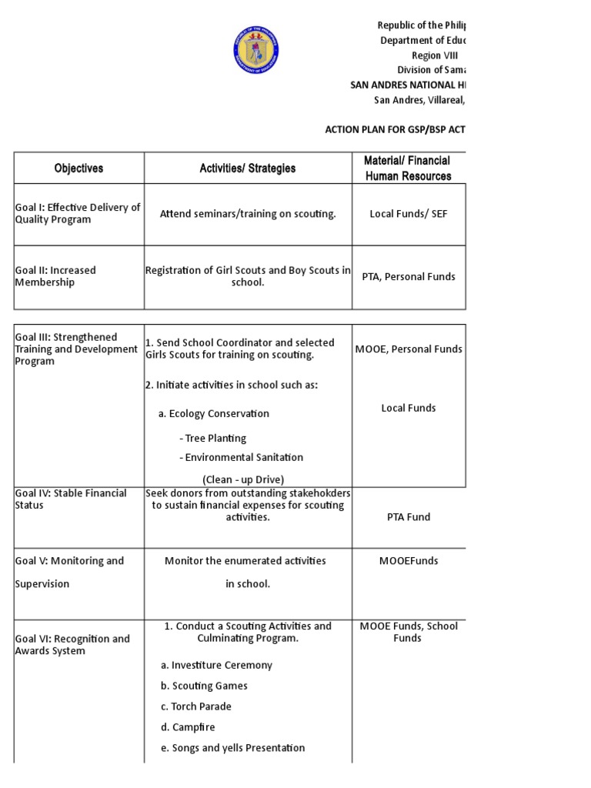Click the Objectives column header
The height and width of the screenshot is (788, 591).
pyautogui.click(x=78, y=168)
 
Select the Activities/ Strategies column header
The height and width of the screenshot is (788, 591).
pyautogui.click(x=248, y=168)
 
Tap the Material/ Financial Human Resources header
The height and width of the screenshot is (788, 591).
pyautogui.click(x=407, y=168)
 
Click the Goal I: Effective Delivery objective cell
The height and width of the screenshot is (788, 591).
pyautogui.click(x=78, y=213)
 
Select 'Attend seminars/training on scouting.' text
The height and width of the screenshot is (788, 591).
pyautogui.click(x=248, y=214)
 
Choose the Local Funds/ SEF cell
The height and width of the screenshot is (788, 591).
pyautogui.click(x=408, y=214)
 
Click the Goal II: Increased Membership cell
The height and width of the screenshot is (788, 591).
pyautogui.click(x=55, y=276)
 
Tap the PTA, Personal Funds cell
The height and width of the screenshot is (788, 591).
pyautogui.click(x=408, y=276)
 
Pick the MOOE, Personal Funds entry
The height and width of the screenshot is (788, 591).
pyautogui.click(x=409, y=349)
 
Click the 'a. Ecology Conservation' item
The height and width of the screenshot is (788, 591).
pyautogui.click(x=214, y=413)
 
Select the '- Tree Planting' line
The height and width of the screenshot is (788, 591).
pyautogui.click(x=212, y=438)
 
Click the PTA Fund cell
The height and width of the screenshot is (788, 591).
pyautogui.click(x=408, y=517)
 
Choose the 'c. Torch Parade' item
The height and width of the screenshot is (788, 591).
pyautogui.click(x=196, y=706)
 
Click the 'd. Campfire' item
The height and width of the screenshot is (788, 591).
pyautogui.click(x=188, y=727)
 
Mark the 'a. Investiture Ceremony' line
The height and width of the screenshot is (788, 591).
pyautogui.click(x=216, y=665)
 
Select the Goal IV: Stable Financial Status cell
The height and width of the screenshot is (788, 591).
pyautogui.click(x=71, y=499)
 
